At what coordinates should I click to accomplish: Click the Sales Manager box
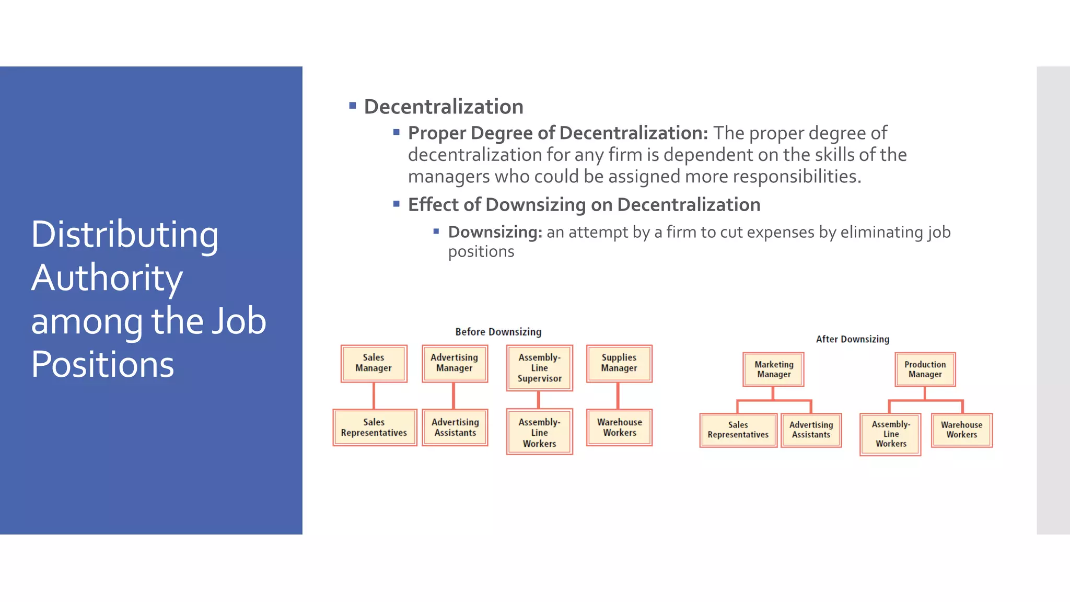point(374,363)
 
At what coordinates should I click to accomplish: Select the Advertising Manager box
point(455,363)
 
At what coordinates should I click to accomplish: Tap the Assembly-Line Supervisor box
point(539,368)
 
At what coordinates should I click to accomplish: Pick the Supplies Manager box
point(619,363)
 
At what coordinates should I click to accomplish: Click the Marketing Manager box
point(773,369)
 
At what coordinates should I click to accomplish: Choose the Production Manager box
point(925,369)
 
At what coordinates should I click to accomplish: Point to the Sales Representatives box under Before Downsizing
point(374,427)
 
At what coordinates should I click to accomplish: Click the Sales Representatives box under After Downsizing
point(738,430)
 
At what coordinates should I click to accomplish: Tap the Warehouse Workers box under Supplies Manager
point(619,427)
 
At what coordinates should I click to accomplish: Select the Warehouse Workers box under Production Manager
point(961,430)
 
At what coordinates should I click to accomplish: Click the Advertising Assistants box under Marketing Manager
point(811,430)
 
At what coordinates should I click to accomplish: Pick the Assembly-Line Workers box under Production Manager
point(890,434)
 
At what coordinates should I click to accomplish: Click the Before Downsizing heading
point(498,332)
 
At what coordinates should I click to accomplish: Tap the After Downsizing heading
point(852,339)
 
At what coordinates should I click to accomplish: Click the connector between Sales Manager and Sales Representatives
point(374,396)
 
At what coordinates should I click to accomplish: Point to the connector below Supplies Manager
point(618,396)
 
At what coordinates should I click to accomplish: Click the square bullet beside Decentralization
point(353,106)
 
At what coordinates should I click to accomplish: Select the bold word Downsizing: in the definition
point(495,232)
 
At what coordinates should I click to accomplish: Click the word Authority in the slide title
point(107,277)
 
